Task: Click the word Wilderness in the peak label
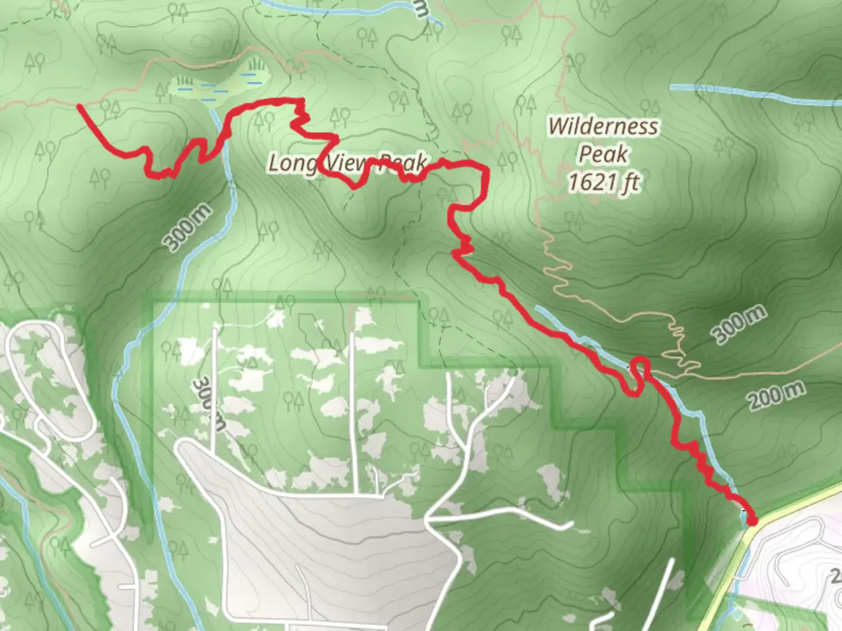tap(603, 126)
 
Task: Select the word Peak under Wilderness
tap(603, 154)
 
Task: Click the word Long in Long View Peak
tap(291, 163)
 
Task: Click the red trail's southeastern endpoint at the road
tap(751, 520)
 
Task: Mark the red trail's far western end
tap(80, 106)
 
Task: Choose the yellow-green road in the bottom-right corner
tap(789, 508)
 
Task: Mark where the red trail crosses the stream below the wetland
tap(223, 138)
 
